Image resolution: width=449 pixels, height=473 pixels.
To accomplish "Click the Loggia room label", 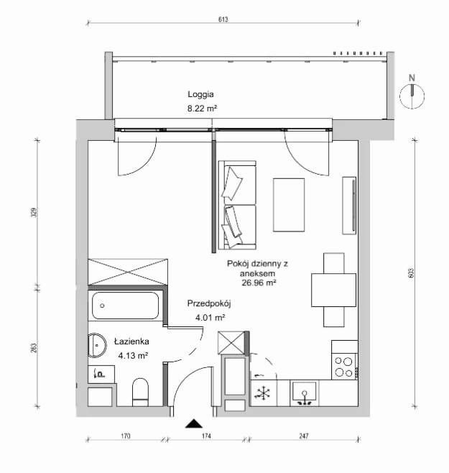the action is (201, 95).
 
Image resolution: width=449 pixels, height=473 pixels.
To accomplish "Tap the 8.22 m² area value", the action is (203, 109).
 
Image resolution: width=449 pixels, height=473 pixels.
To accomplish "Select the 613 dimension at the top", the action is (223, 19).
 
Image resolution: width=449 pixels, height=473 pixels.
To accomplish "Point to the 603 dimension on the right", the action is (412, 273).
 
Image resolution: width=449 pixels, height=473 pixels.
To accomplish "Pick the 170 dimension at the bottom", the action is (126, 436).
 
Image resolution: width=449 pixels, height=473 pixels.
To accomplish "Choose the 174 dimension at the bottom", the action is (206, 436).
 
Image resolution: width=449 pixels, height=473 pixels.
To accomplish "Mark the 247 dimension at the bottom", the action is (304, 436).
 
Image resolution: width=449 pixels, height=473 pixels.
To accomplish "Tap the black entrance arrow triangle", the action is (194, 424).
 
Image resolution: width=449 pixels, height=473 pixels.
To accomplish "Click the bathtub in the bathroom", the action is (125, 306).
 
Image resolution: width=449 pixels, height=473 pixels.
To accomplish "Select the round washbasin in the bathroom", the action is (97, 345).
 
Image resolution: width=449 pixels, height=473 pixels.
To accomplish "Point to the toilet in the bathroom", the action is (141, 392).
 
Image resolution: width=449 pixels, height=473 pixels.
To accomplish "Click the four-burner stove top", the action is (344, 367).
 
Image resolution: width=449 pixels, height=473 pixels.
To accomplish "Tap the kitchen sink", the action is (305, 393).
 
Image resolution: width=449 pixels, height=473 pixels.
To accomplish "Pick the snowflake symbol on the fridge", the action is (263, 393).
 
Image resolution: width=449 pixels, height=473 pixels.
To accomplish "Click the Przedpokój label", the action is (209, 303).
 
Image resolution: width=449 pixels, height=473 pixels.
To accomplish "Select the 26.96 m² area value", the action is (259, 283).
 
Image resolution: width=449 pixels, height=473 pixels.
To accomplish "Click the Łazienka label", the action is (131, 341).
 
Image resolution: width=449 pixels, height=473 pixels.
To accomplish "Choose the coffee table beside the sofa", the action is (289, 205).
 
